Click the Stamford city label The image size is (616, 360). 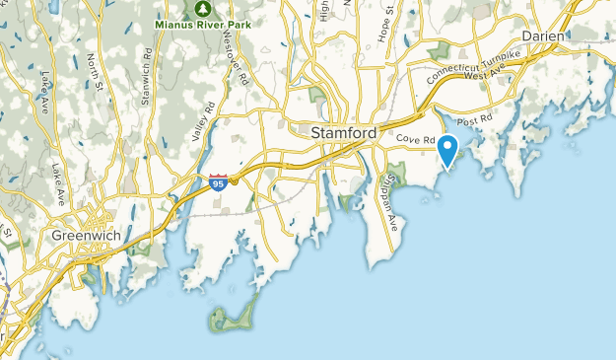click(343, 131)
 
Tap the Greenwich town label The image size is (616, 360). click(84, 236)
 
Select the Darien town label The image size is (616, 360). click(543, 36)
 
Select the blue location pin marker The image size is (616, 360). click(448, 151)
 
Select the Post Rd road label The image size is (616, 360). click(474, 119)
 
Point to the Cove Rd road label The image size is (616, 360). click(417, 141)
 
